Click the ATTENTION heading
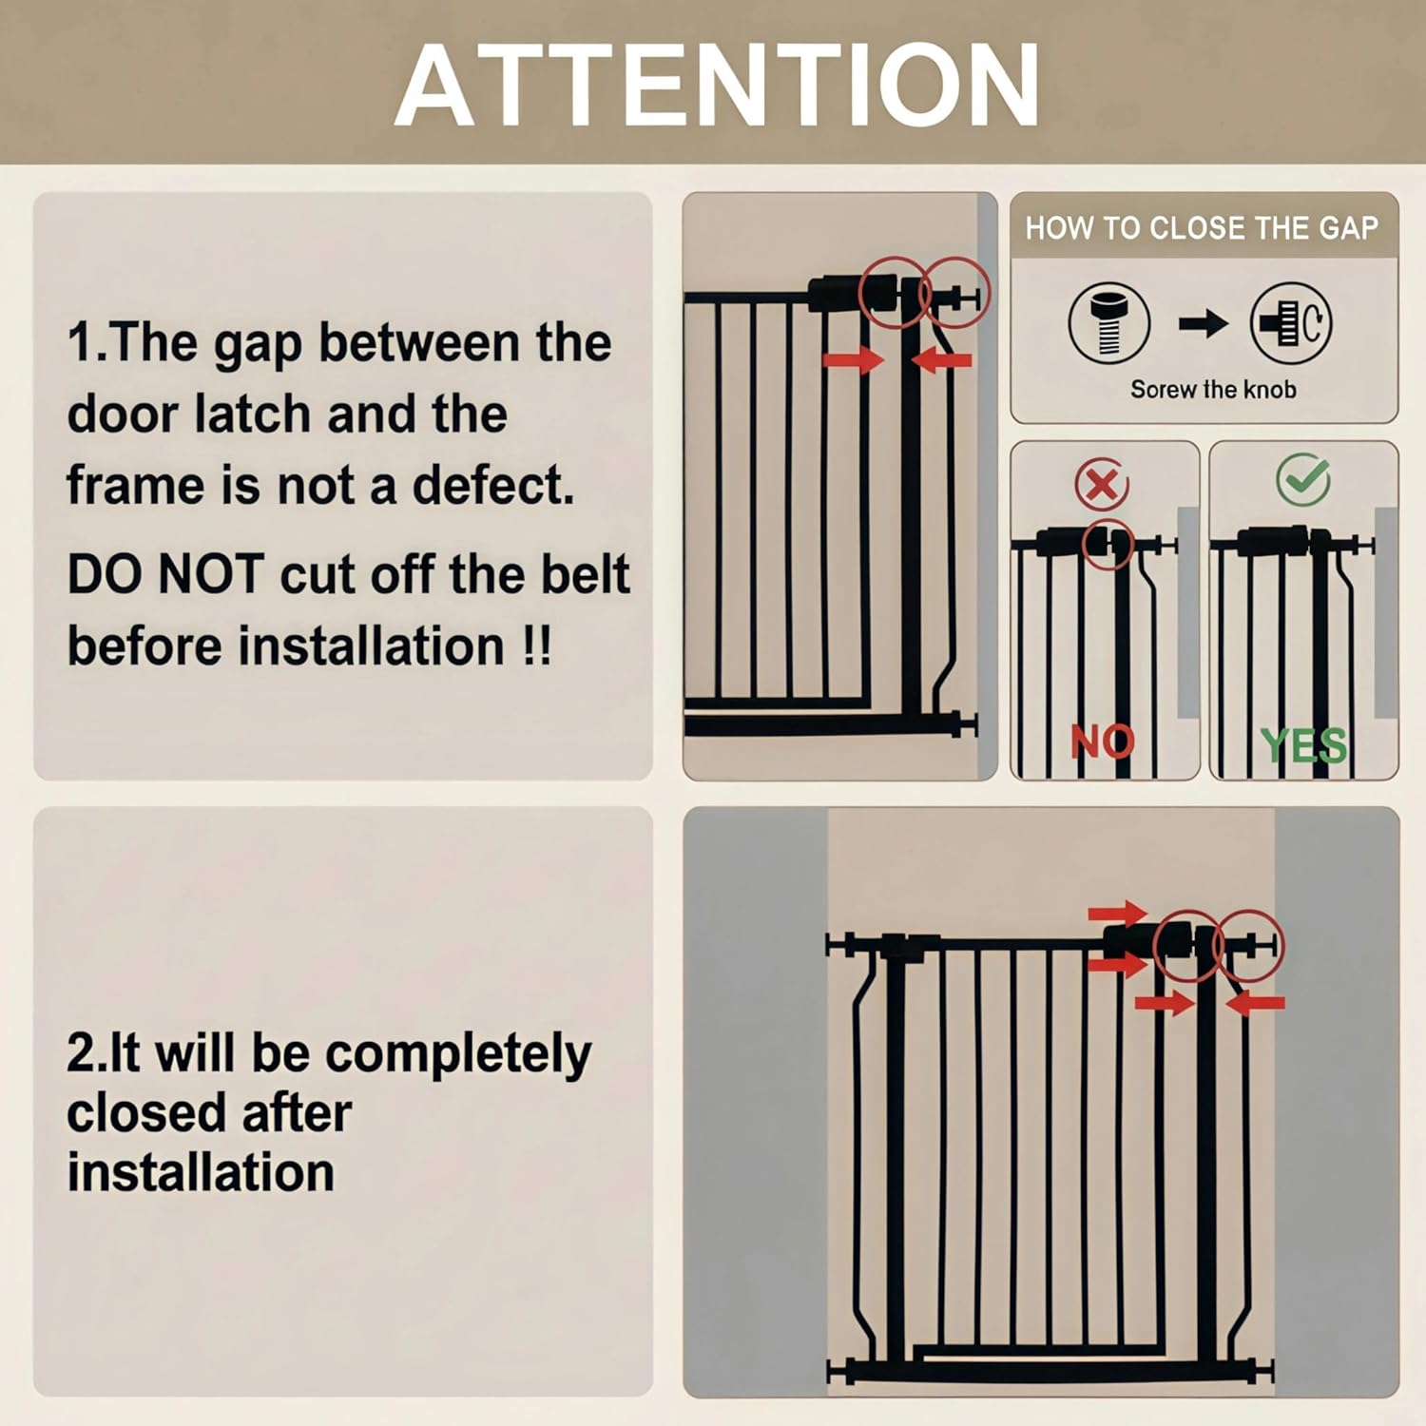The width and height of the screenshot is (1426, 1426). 718,86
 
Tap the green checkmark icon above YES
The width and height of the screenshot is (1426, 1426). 1302,478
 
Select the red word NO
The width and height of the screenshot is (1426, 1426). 1103,742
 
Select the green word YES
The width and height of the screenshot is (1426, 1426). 1303,745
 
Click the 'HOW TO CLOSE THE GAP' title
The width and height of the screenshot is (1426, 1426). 1202,228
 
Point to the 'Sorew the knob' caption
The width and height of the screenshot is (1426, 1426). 1213,390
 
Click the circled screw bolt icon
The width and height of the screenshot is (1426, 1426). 1108,323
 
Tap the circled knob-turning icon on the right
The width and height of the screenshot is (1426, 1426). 1291,323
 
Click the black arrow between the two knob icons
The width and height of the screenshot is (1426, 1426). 1203,324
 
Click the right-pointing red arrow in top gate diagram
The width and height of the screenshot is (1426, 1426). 853,359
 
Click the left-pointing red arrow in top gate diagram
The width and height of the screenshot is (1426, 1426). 941,359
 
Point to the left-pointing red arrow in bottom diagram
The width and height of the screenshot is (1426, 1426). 1256,1002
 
